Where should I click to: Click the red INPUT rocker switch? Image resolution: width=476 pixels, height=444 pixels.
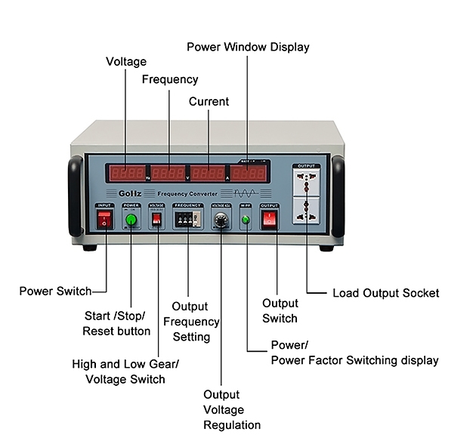(x=105, y=220)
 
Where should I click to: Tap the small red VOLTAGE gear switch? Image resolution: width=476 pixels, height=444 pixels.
(x=156, y=219)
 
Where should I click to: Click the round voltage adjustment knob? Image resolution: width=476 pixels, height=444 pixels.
(x=221, y=221)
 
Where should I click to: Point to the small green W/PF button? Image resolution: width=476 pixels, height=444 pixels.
(x=246, y=220)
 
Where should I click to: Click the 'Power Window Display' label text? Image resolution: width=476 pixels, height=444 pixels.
(x=248, y=47)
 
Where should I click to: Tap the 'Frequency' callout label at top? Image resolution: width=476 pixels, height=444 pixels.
(x=170, y=79)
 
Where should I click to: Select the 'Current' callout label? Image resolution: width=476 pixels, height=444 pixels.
(x=209, y=101)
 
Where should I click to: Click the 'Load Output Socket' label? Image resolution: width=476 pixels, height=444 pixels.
(x=385, y=293)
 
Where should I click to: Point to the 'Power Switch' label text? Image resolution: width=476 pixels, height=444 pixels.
(x=55, y=291)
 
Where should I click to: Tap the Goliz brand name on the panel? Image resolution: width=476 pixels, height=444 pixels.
(x=127, y=193)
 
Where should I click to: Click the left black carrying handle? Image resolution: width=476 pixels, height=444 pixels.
(x=76, y=196)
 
